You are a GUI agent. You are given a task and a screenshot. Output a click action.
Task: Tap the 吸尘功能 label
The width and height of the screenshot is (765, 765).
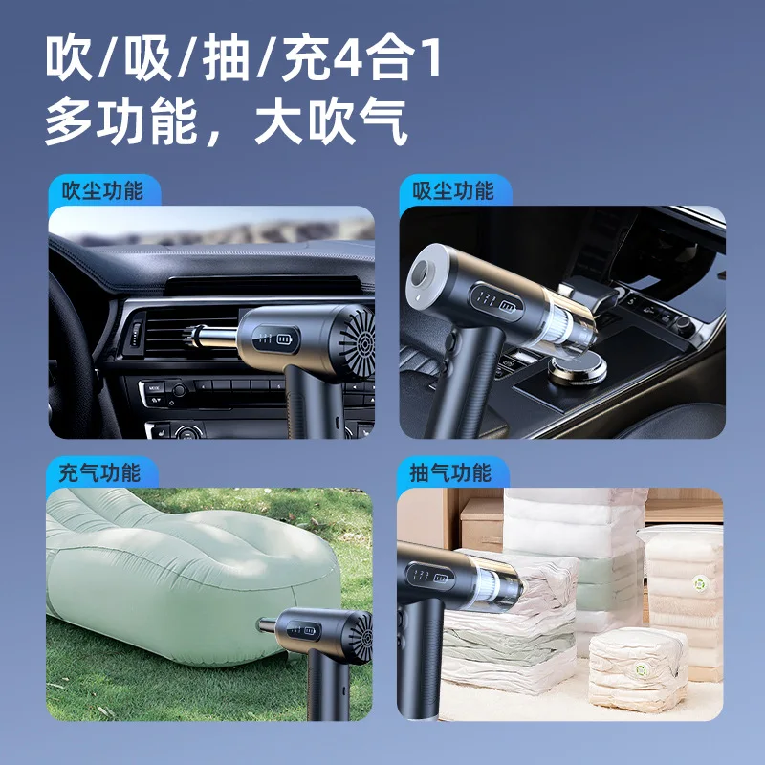tap(453, 190)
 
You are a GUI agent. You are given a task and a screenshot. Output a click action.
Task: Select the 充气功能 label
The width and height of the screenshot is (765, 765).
tap(99, 472)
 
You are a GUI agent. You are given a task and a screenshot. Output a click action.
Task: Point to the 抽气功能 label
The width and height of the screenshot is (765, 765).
tap(450, 472)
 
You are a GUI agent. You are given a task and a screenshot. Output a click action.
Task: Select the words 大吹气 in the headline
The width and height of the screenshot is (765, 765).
tap(332, 124)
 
